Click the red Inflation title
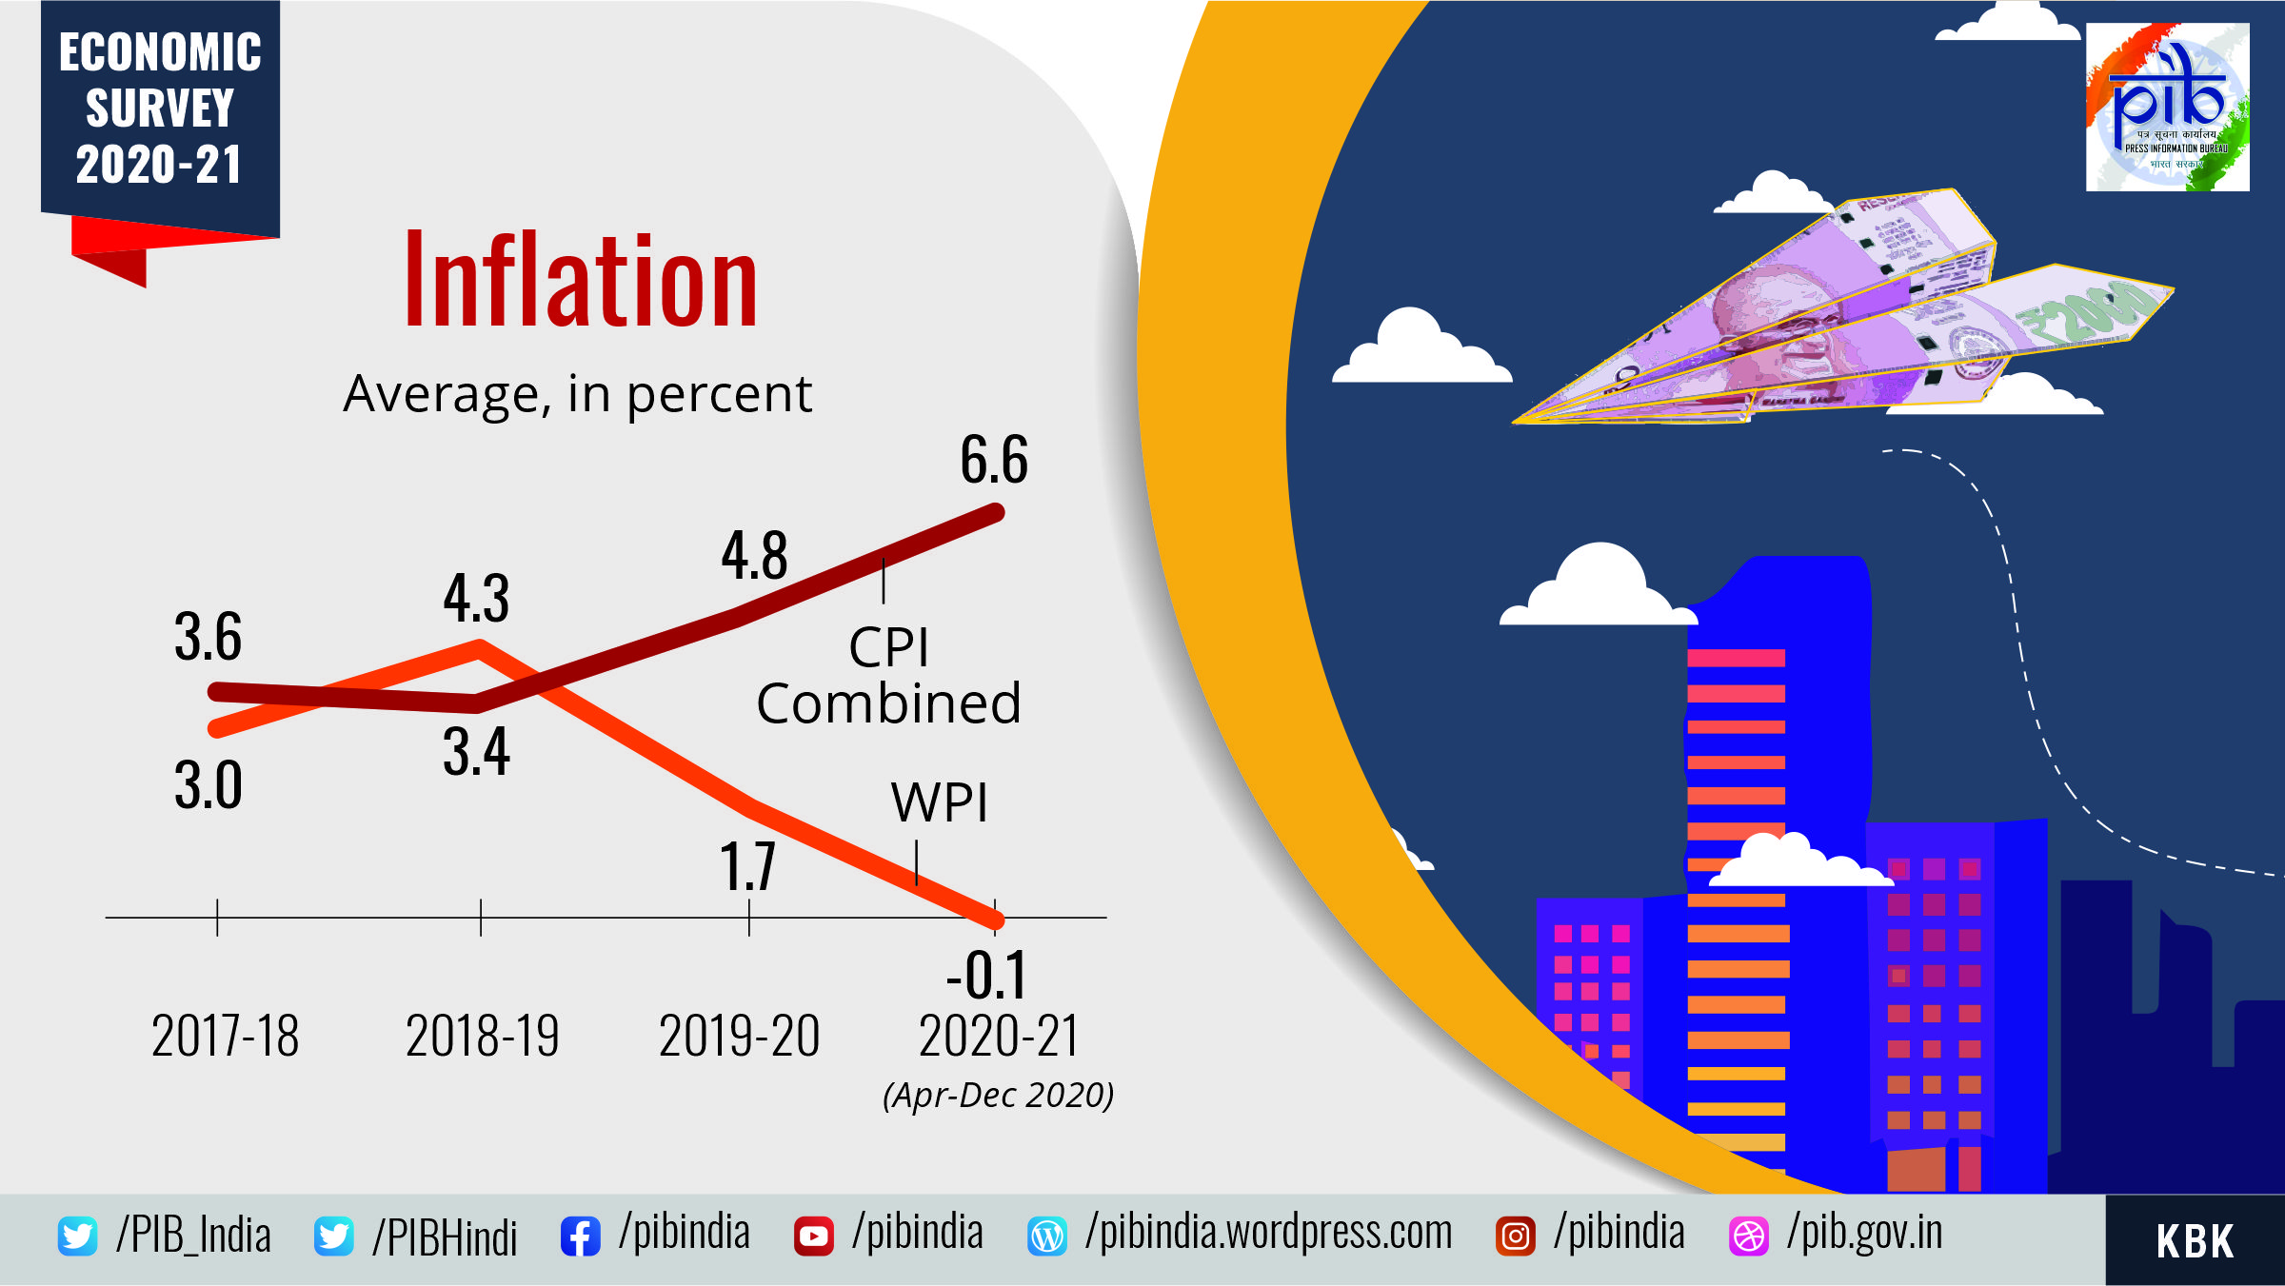pyautogui.click(x=581, y=282)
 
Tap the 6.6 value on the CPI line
pyautogui.click(x=994, y=460)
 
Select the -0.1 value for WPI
pyautogui.click(x=987, y=976)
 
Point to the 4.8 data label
pyautogui.click(x=754, y=556)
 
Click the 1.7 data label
pyautogui.click(x=747, y=866)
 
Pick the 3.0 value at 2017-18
pyautogui.click(x=209, y=786)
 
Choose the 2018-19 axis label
pyautogui.click(x=482, y=1037)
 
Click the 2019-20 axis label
pyautogui.click(x=739, y=1037)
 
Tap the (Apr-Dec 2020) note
pyautogui.click(x=998, y=1096)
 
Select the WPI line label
pyautogui.click(x=940, y=802)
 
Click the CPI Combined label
pyautogui.click(x=888, y=676)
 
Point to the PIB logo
pyautogui.click(x=2167, y=108)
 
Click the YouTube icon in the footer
pyautogui.click(x=813, y=1237)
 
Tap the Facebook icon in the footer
pyautogui.click(x=580, y=1237)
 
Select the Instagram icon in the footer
pyautogui.click(x=1515, y=1237)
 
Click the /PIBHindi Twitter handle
pyautogui.click(x=445, y=1237)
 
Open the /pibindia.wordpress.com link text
pyautogui.click(x=1268, y=1233)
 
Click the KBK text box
pyautogui.click(x=2195, y=1241)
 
